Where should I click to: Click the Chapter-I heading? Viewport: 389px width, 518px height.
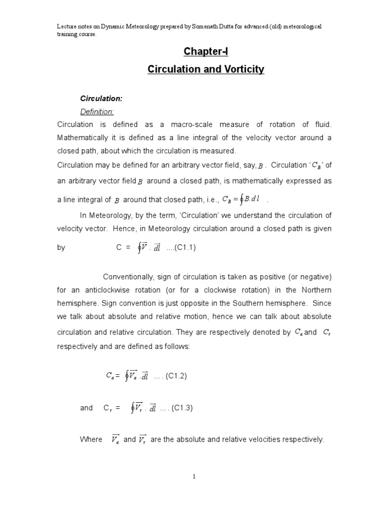[x=206, y=52]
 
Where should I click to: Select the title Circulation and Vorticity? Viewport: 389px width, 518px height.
[x=206, y=69]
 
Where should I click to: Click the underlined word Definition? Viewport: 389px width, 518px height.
[x=97, y=111]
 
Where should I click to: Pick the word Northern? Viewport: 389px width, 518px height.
[x=314, y=290]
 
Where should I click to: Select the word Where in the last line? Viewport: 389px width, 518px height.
[x=91, y=440]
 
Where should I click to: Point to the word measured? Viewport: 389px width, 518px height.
[x=218, y=151]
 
